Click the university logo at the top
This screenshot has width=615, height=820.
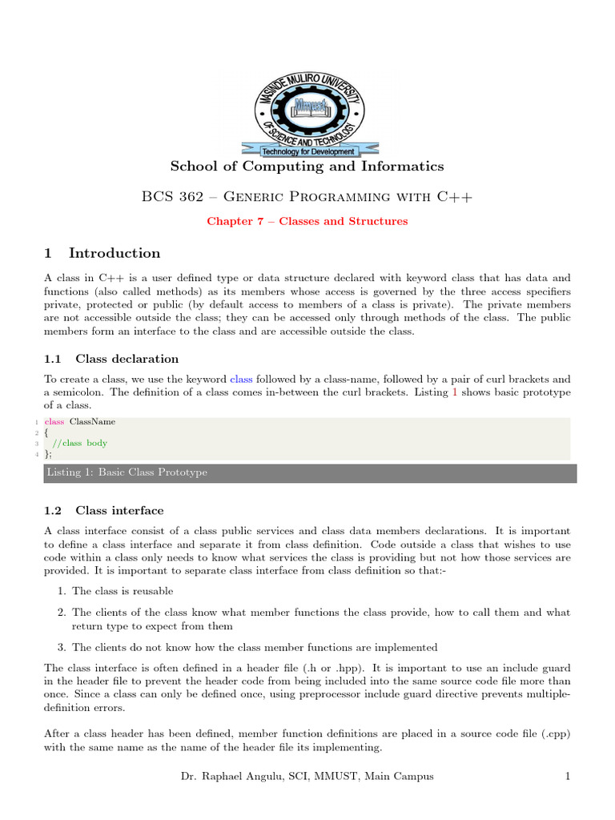[307, 105]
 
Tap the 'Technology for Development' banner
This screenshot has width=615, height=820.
[308, 151]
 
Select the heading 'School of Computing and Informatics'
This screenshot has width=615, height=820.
[307, 167]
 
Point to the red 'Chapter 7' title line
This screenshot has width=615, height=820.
[307, 221]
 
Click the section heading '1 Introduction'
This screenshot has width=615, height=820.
[102, 253]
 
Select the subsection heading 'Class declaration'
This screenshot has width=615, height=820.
[127, 359]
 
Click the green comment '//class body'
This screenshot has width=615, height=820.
[79, 443]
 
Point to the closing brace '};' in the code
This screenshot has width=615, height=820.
[50, 454]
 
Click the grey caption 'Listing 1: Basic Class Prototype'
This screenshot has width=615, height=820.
[127, 472]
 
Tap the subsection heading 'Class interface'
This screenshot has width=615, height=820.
[119, 510]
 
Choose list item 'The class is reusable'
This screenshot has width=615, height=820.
[122, 591]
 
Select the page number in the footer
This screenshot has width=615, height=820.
[567, 776]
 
